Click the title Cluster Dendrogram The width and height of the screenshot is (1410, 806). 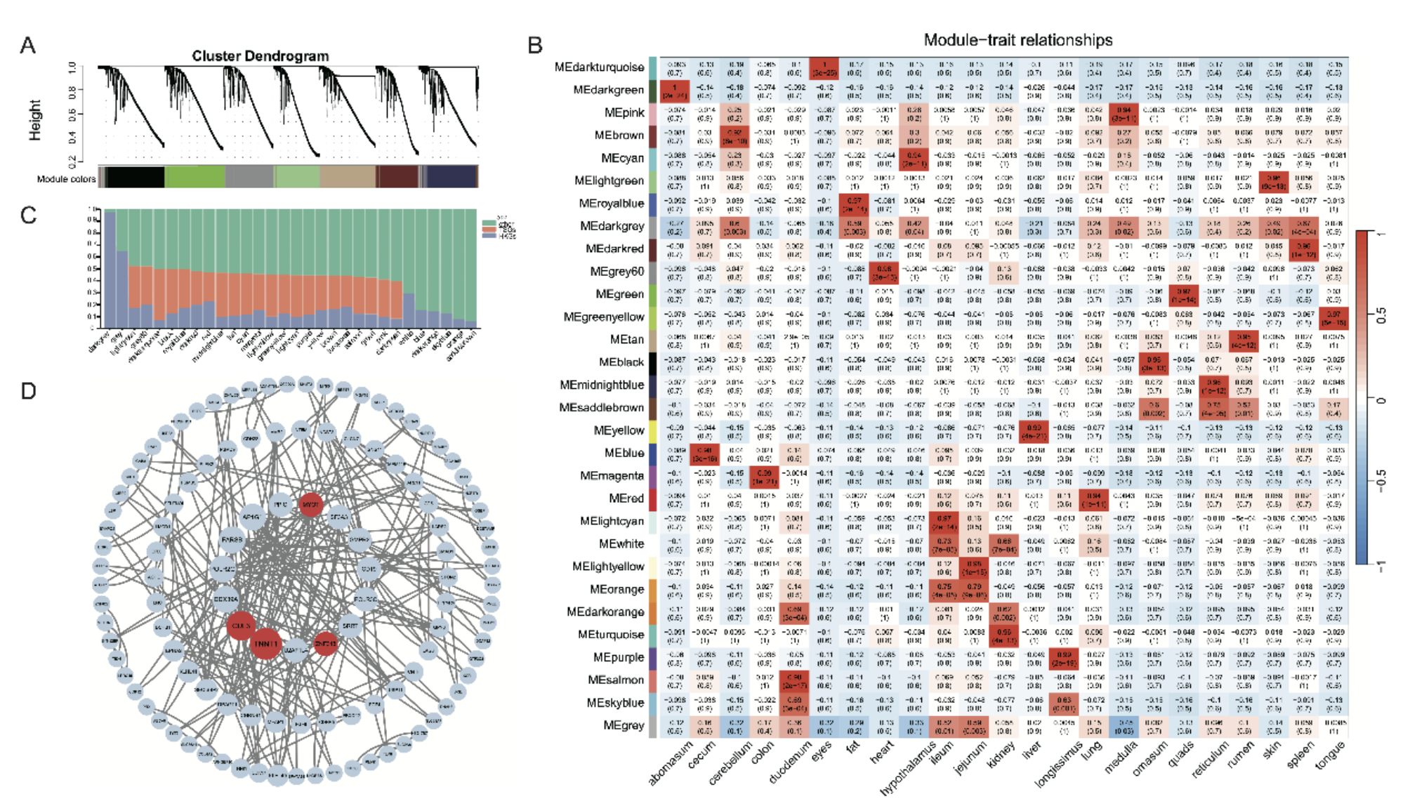tap(260, 55)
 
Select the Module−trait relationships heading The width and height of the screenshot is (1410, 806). tap(1017, 40)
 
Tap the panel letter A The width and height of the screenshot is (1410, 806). tap(27, 46)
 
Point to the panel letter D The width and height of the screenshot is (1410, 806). tap(28, 391)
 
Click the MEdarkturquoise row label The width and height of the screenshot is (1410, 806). tap(599, 67)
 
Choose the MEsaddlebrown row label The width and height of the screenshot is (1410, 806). tap(601, 408)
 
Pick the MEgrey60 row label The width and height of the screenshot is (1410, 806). tap(617, 272)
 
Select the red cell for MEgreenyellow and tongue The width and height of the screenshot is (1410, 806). tap(1333, 317)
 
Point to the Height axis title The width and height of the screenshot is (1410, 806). tap(35, 119)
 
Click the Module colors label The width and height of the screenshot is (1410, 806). tap(66, 179)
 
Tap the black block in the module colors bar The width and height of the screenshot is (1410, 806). tap(136, 177)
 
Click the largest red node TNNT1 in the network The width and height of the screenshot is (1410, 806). tap(266, 644)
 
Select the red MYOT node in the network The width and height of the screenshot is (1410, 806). tap(310, 504)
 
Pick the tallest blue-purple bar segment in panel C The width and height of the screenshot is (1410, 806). tap(110, 270)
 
